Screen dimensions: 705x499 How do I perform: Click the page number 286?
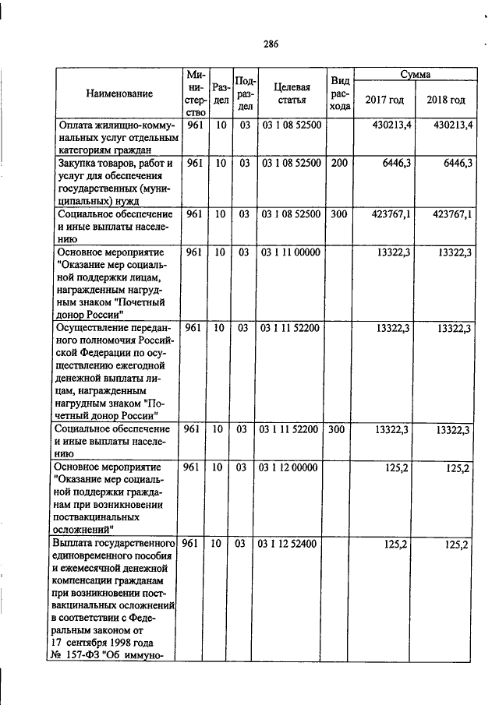tap(271, 44)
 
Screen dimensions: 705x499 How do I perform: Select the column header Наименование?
tap(119, 93)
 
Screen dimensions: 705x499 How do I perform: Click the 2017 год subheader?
tap(384, 100)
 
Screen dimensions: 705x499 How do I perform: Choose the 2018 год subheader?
tap(446, 100)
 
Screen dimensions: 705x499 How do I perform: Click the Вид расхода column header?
tap(339, 93)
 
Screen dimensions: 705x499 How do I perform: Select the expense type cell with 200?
tap(339, 164)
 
